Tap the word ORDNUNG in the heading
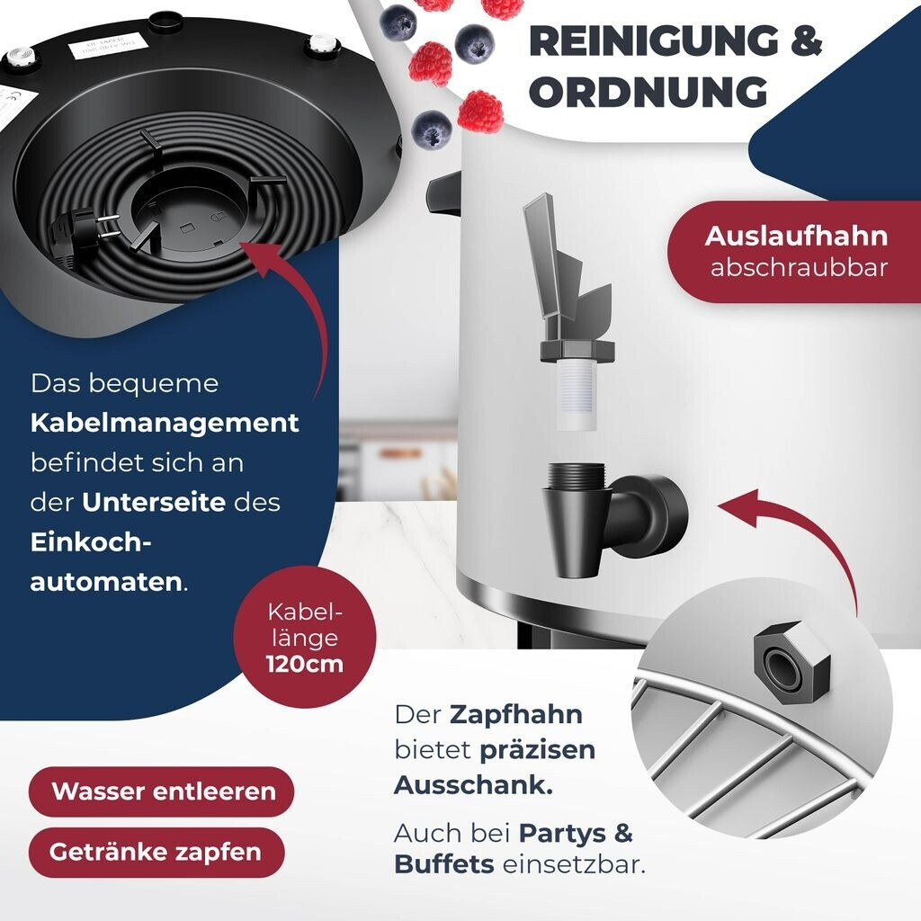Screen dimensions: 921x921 click(648, 92)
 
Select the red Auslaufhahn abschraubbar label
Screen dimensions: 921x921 click(796, 251)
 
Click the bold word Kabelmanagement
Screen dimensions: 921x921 click(165, 423)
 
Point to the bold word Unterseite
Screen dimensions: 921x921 click(153, 502)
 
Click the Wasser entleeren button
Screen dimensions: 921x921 click(163, 791)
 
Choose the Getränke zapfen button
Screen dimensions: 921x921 click(156, 852)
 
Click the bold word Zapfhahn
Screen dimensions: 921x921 click(515, 715)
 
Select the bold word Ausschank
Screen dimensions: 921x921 click(473, 784)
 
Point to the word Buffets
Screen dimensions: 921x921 click(444, 864)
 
